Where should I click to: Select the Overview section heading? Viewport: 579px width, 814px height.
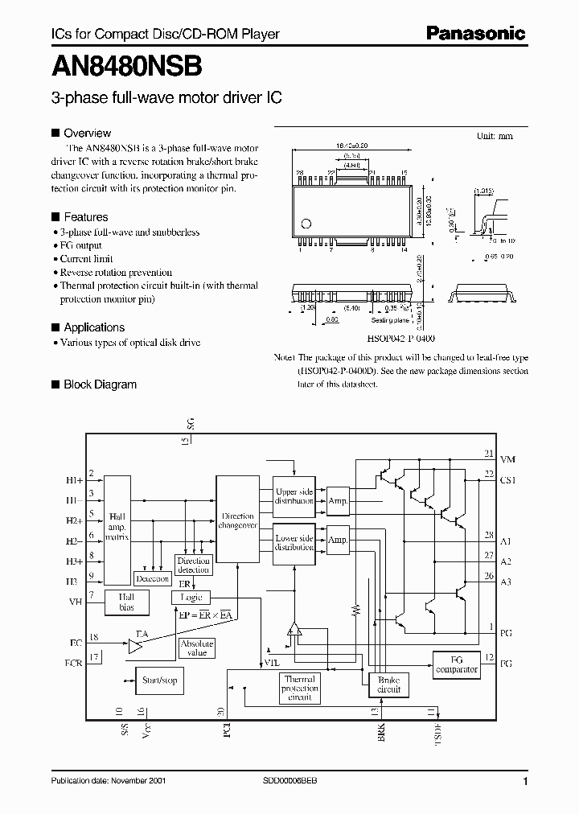[87, 133]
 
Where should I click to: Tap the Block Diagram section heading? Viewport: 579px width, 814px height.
[100, 384]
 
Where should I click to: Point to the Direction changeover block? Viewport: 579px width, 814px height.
[237, 520]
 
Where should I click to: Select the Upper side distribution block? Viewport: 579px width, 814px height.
[294, 496]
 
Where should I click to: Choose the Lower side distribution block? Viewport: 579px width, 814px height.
[294, 542]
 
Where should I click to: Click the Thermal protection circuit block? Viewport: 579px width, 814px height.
[299, 689]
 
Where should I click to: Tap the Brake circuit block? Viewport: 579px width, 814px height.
[388, 684]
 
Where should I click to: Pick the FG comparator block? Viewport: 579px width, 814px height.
[456, 664]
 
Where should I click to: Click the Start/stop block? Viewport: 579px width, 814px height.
[159, 680]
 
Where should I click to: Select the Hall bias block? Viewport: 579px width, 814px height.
[126, 603]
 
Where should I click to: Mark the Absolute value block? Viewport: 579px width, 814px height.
[196, 648]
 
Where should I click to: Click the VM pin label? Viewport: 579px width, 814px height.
[507, 458]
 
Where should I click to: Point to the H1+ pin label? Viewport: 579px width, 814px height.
[74, 479]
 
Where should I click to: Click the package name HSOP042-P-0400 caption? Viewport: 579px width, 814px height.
[393, 339]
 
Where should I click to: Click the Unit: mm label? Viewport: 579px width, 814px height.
[494, 136]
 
